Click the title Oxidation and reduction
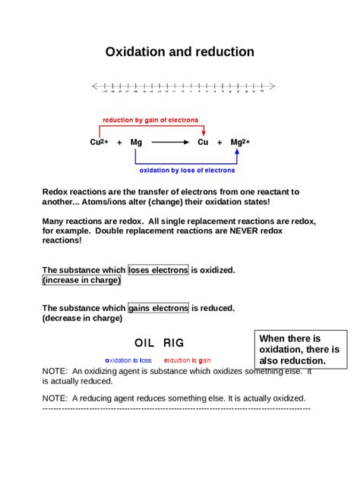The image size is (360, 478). point(179,52)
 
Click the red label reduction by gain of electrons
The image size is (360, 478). point(150,120)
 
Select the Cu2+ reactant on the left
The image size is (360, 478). point(99,142)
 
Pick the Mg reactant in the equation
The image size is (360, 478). point(136,142)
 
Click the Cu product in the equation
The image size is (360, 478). point(203,142)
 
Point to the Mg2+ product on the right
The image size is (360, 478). point(240,142)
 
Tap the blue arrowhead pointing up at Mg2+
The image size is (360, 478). point(238,152)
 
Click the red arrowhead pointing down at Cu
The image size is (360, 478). point(203,132)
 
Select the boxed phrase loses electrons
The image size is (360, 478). point(158,269)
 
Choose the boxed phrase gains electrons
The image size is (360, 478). point(158,308)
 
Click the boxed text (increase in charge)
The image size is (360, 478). point(81,280)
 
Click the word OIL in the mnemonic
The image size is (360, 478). point(145,343)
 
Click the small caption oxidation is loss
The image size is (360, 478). point(128,360)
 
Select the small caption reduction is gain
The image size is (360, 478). point(188,360)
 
